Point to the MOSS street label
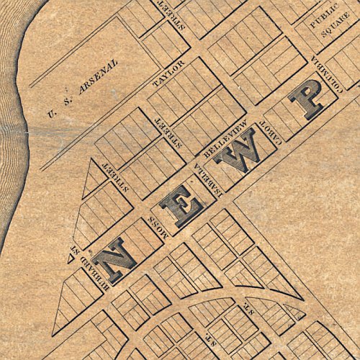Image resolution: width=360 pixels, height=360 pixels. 159,226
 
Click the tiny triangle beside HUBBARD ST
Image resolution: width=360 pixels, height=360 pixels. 68,260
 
